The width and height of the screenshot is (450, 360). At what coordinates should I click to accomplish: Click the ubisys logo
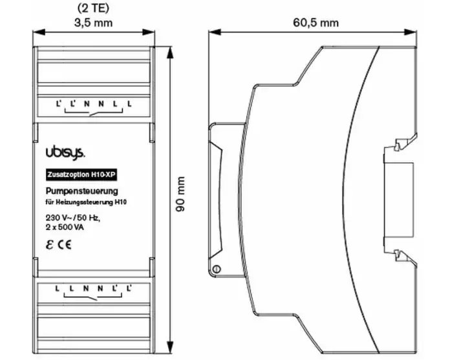click(65, 153)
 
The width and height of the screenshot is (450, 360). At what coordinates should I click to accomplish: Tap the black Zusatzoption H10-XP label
click(81, 175)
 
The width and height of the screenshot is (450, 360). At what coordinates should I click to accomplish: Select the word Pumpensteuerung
click(82, 191)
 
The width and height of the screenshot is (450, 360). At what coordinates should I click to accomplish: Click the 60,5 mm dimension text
click(316, 23)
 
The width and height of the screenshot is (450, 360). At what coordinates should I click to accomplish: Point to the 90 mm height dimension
click(180, 194)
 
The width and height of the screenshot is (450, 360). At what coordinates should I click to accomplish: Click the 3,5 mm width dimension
click(93, 23)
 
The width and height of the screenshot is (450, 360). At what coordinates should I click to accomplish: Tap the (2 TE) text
click(93, 8)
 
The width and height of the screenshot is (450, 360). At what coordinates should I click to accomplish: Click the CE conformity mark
click(65, 245)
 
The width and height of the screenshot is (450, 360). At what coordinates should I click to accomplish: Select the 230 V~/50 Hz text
click(73, 218)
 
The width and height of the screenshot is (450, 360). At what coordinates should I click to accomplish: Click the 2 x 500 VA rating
click(65, 228)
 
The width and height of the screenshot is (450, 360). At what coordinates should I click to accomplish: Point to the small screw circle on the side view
click(217, 269)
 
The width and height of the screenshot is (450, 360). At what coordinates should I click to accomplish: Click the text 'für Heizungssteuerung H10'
click(86, 202)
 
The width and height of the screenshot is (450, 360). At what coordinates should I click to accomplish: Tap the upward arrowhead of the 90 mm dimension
click(171, 52)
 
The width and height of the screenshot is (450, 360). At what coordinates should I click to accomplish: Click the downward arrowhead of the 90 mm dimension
click(171, 347)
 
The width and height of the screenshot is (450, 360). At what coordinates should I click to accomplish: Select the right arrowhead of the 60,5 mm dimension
click(411, 32)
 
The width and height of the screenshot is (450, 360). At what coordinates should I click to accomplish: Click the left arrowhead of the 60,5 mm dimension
click(215, 32)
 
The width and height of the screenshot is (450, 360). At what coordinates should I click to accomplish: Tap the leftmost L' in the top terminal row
click(59, 103)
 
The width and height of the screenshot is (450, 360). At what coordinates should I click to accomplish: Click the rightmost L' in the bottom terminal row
click(129, 288)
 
